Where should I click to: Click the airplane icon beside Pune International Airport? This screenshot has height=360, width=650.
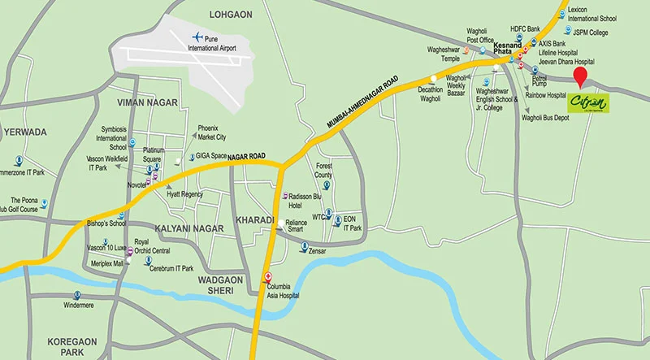[x=197, y=37]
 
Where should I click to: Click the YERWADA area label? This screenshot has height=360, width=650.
[x=25, y=132]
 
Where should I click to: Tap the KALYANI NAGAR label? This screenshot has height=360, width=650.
[x=188, y=228]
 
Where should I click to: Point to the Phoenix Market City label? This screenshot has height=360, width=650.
[x=212, y=132]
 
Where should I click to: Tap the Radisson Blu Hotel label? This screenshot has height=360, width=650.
[x=307, y=201]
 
